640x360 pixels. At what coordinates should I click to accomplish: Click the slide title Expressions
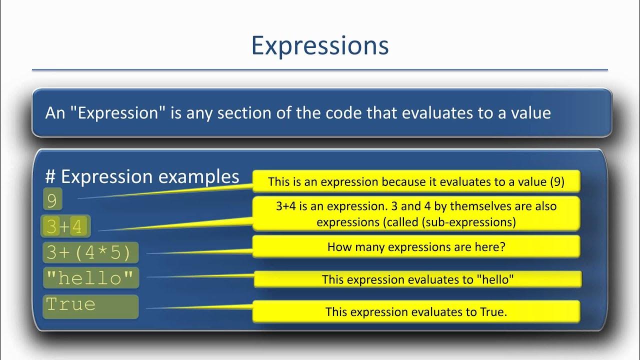click(319, 46)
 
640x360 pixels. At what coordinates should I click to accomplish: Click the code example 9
click(52, 200)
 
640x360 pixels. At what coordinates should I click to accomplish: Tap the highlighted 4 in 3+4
click(76, 227)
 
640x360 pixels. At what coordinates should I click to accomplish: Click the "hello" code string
click(90, 278)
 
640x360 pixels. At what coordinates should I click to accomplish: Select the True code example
click(70, 304)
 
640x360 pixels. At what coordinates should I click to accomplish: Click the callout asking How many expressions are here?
click(416, 247)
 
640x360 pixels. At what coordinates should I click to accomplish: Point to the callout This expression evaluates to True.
click(416, 312)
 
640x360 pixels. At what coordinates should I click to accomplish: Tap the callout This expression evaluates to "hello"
click(417, 279)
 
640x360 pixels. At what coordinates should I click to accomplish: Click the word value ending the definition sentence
click(530, 113)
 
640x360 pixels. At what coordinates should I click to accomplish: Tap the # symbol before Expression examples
click(50, 177)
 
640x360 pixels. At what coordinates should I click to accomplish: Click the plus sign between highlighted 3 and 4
click(64, 227)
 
